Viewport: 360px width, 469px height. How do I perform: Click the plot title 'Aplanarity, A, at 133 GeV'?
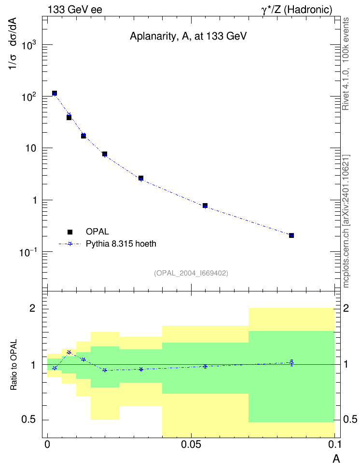(188, 36)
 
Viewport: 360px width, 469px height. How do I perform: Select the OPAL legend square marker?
(70, 232)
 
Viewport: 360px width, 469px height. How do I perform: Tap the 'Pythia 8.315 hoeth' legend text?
(121, 244)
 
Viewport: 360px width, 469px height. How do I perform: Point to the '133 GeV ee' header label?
(75, 10)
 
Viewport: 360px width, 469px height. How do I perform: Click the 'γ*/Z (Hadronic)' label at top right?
(297, 10)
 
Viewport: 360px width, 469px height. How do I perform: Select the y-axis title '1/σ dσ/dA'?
(13, 44)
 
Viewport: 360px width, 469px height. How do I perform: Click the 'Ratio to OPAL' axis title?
(13, 365)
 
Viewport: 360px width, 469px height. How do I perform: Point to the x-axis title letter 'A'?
(336, 458)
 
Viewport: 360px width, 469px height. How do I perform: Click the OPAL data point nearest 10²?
(55, 93)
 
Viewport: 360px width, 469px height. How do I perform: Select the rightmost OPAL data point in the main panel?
(291, 235)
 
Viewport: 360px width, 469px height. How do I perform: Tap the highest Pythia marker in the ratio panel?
(69, 352)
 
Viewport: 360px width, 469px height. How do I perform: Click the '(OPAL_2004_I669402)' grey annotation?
(191, 273)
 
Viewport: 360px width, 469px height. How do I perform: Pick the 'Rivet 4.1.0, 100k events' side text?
(346, 64)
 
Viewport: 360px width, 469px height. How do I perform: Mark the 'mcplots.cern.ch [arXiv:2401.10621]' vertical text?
(346, 221)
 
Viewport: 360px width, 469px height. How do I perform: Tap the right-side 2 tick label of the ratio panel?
(346, 308)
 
